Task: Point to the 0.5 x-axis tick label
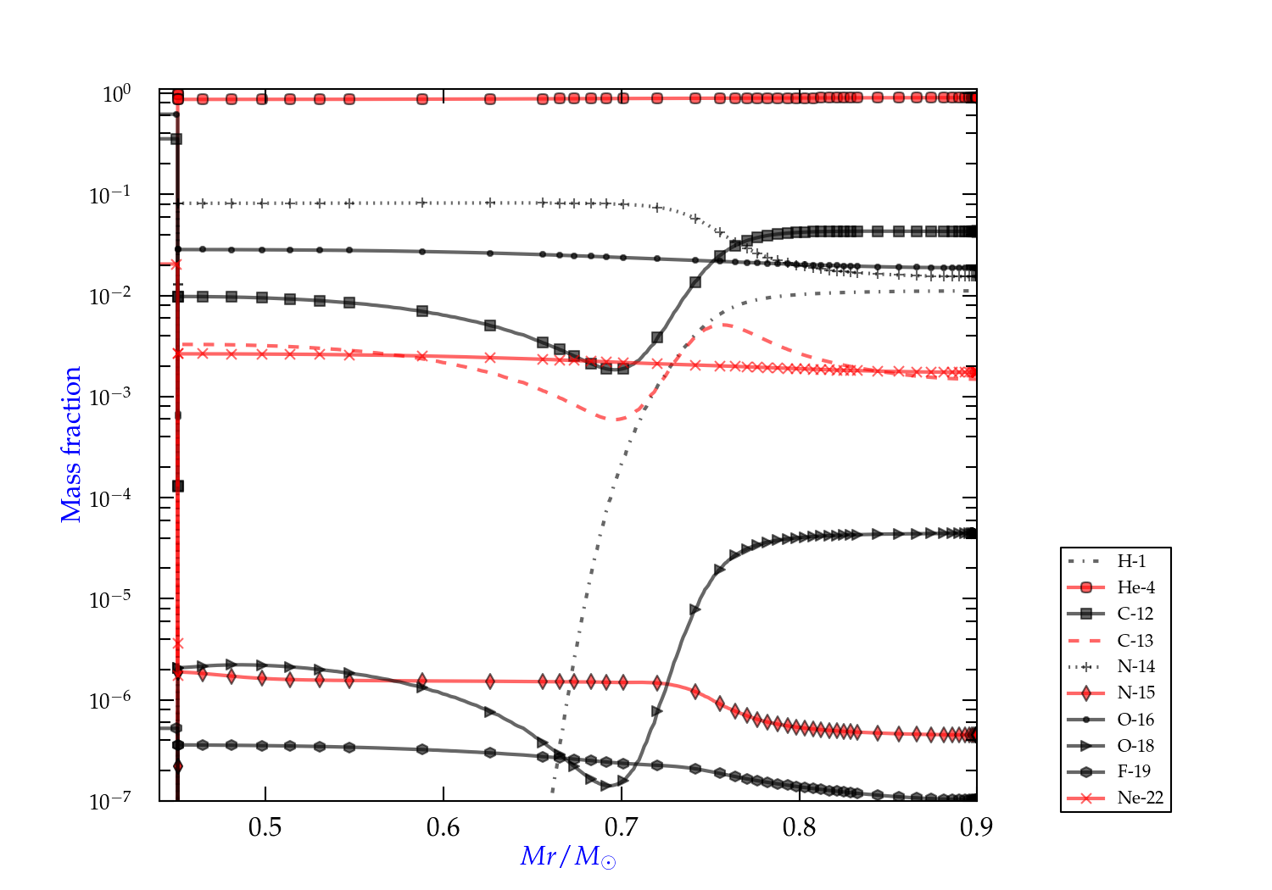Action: click(x=265, y=827)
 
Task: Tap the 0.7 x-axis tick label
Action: click(x=622, y=827)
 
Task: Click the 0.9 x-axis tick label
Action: click(x=976, y=827)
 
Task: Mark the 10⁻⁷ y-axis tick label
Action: click(x=110, y=800)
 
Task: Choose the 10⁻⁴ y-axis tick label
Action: click(x=110, y=497)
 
